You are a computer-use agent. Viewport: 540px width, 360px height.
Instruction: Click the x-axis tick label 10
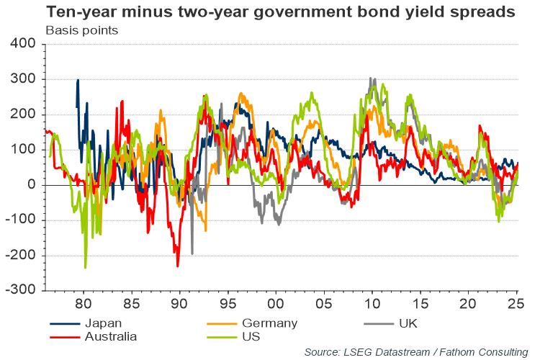pos(372,303)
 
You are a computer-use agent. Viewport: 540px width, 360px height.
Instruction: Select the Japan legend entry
pos(89,323)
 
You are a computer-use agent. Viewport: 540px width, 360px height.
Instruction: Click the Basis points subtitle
pos(81,31)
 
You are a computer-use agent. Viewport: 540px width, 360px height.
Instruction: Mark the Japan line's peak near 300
pos(78,80)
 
